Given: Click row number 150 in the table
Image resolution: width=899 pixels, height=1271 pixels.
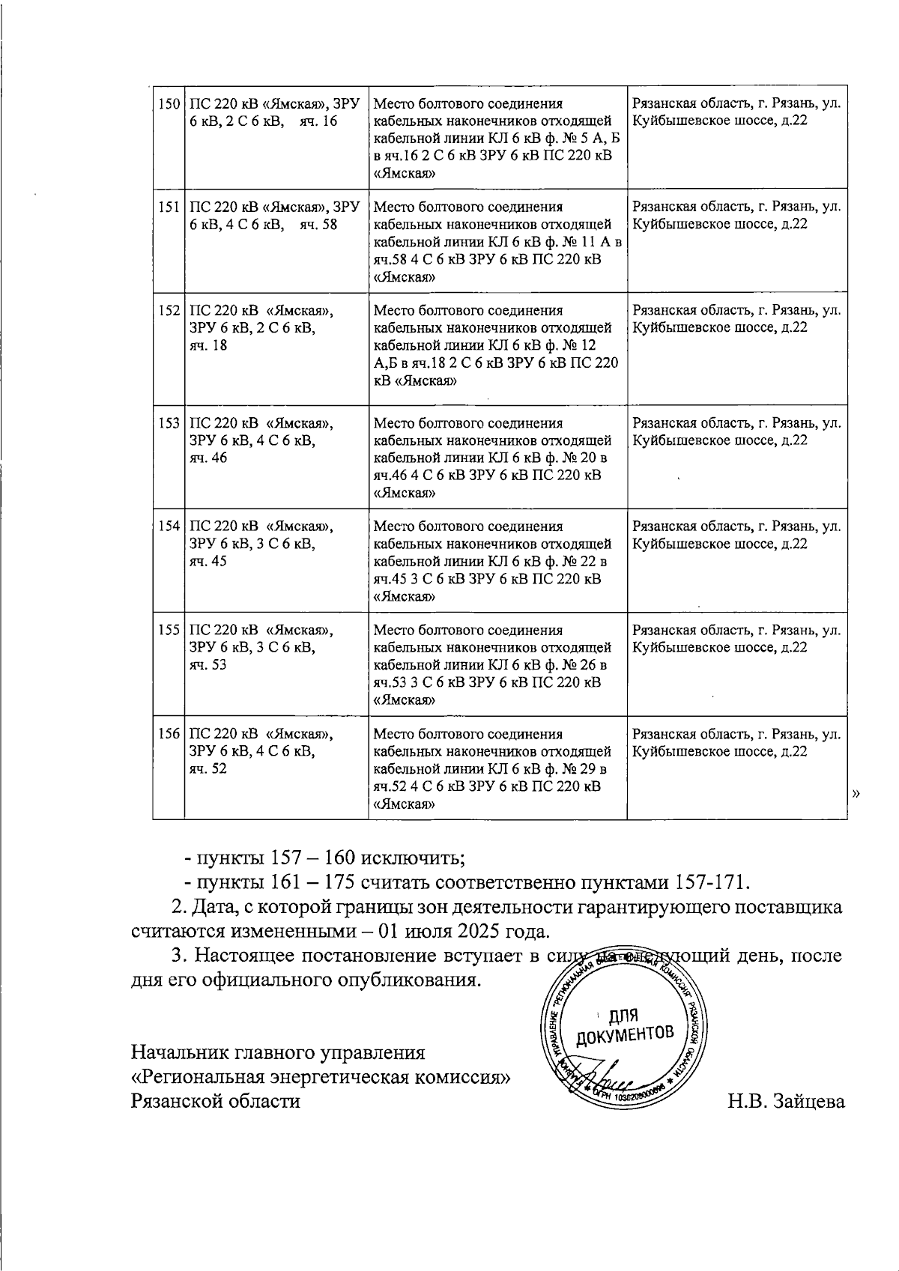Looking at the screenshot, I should click(x=169, y=103).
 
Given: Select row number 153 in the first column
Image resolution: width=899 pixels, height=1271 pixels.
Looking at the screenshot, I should click(x=169, y=423).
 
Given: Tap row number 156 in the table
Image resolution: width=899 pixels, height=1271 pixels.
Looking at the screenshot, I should click(x=169, y=734).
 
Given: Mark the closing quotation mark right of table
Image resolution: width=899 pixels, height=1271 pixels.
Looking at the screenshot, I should click(x=856, y=793).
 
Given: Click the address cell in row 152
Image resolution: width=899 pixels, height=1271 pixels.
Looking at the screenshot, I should click(x=736, y=319).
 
